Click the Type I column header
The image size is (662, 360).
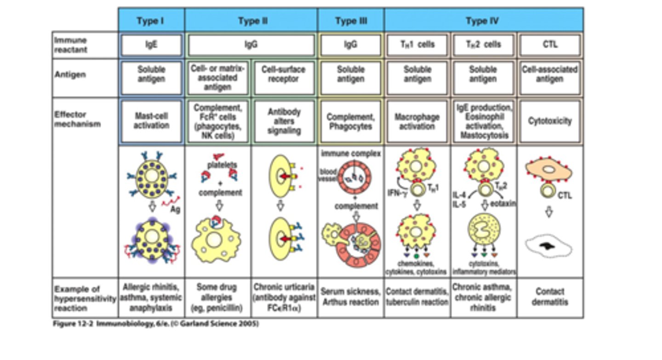pyautogui.click(x=151, y=21)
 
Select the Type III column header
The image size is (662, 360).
pyautogui.click(x=351, y=21)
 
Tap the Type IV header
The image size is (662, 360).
pyautogui.click(x=483, y=21)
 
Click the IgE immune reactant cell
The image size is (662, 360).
pyautogui.click(x=151, y=45)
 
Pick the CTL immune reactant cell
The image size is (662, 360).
pyautogui.click(x=550, y=45)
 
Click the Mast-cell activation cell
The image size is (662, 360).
pyautogui.click(x=151, y=121)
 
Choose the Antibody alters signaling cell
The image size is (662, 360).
pyautogui.click(x=284, y=121)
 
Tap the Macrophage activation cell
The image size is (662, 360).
pyautogui.click(x=417, y=121)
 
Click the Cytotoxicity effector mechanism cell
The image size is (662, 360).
pyautogui.click(x=550, y=121)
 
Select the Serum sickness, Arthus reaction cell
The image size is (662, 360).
pyautogui.click(x=350, y=297)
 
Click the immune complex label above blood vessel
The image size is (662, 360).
pyautogui.click(x=350, y=154)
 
